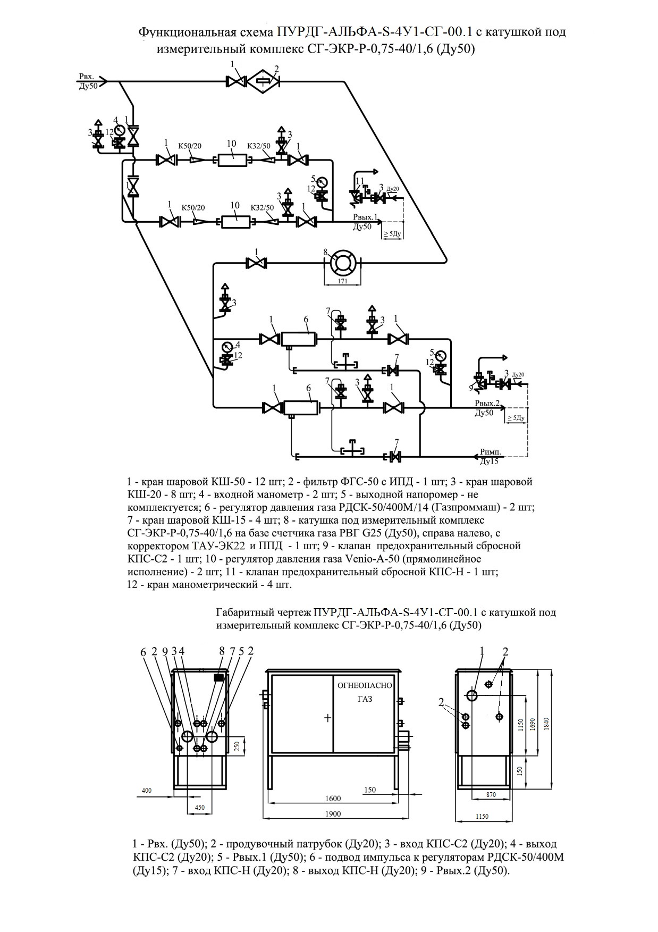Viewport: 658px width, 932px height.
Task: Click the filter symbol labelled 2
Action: click(x=264, y=81)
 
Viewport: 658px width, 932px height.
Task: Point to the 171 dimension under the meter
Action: click(x=343, y=281)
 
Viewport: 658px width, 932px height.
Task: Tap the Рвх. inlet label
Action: click(x=87, y=77)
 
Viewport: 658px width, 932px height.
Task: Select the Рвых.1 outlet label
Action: click(x=366, y=217)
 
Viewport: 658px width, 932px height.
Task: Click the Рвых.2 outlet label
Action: click(x=488, y=403)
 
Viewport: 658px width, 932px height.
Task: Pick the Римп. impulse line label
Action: click(x=490, y=452)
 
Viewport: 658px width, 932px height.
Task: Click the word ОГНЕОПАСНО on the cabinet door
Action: click(x=365, y=686)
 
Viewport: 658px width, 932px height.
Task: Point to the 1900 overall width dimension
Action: click(x=333, y=814)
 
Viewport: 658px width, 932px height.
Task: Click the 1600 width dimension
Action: click(x=333, y=799)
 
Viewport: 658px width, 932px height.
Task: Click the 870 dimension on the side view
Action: click(x=491, y=795)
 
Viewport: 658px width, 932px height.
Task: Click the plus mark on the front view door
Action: click(x=327, y=718)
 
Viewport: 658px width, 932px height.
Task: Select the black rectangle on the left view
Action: click(x=218, y=678)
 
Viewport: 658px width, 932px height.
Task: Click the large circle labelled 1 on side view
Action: click(x=473, y=694)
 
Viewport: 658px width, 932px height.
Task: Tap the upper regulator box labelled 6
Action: click(x=298, y=339)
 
